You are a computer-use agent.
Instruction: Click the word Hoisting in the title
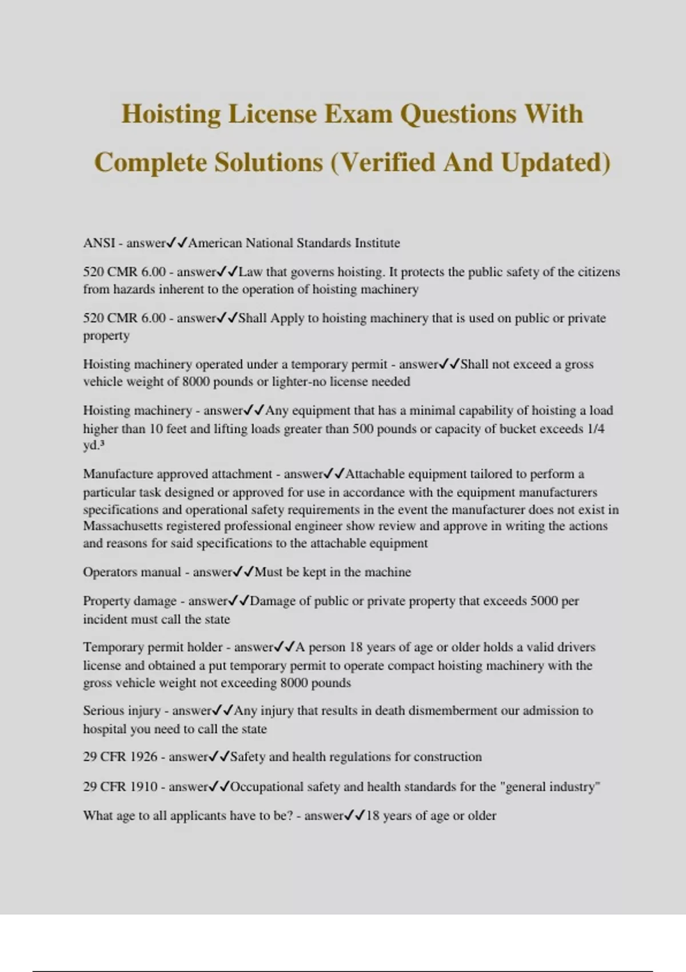click(x=171, y=114)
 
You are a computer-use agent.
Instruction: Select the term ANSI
click(x=99, y=243)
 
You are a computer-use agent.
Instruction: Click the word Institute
click(x=377, y=243)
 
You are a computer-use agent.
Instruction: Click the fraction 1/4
click(x=596, y=429)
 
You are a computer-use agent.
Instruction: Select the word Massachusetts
click(x=123, y=526)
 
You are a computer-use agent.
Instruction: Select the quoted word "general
click(x=523, y=787)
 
